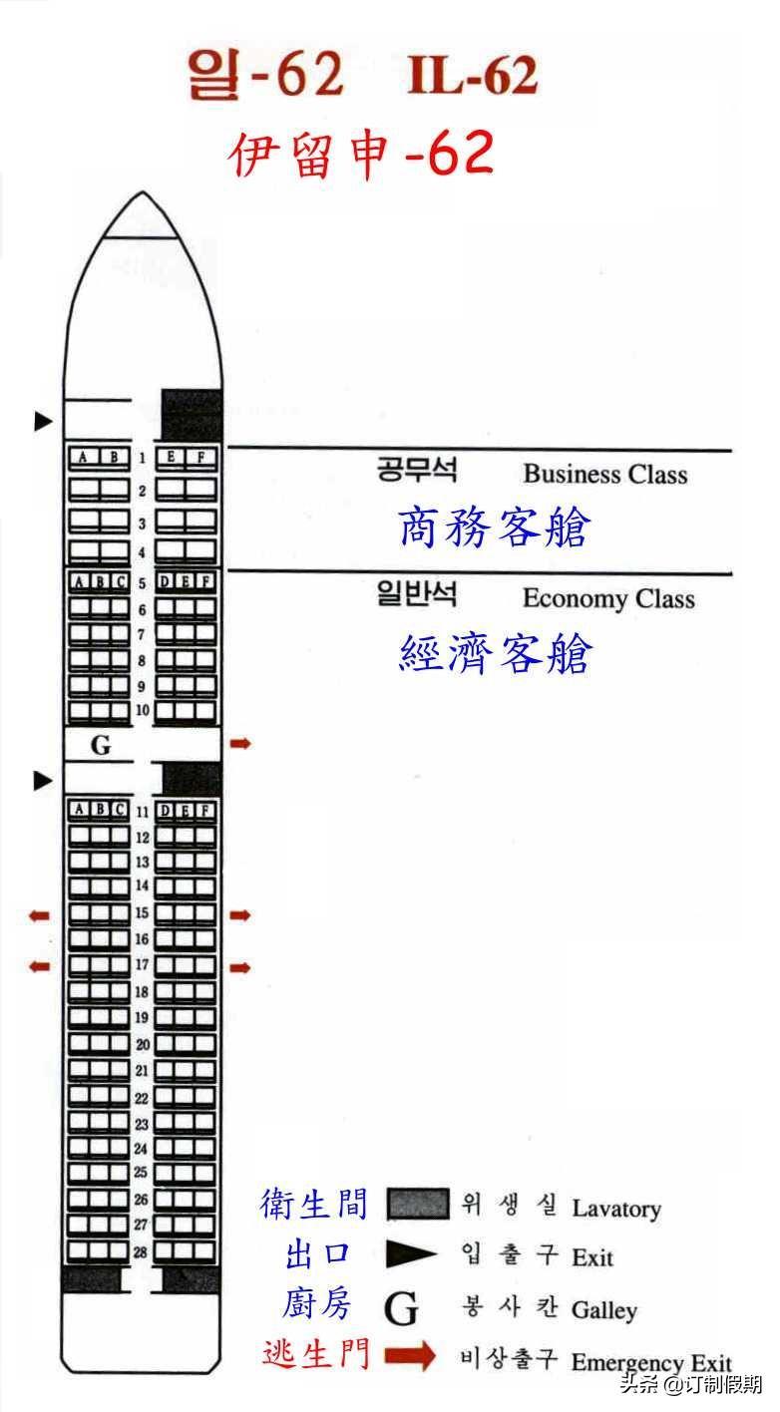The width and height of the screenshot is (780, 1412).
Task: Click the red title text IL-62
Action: pyautogui.click(x=473, y=76)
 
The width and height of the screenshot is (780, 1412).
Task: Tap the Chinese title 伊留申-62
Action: pyautogui.click(x=361, y=154)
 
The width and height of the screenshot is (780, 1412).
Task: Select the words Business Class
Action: pyautogui.click(x=605, y=475)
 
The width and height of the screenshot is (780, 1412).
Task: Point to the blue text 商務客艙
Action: pyautogui.click(x=495, y=528)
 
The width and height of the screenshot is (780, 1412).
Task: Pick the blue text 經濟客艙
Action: pyautogui.click(x=496, y=654)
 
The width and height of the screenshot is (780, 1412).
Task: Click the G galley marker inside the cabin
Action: pyautogui.click(x=101, y=746)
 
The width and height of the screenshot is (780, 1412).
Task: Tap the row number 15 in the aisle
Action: pyautogui.click(x=142, y=912)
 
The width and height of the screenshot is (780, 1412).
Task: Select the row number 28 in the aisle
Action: pyautogui.click(x=142, y=1251)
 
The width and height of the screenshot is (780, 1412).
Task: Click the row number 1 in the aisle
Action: pyautogui.click(x=142, y=458)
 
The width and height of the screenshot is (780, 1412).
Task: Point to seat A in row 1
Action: pyautogui.click(x=84, y=457)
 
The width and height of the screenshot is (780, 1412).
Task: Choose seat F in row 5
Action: pyautogui.click(x=205, y=581)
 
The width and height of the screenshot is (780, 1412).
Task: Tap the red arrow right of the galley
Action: pyautogui.click(x=240, y=744)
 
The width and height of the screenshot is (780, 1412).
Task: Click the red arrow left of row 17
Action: pyautogui.click(x=39, y=965)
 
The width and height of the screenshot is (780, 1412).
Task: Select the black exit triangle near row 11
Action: pyautogui.click(x=43, y=781)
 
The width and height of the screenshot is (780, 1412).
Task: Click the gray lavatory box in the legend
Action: pyautogui.click(x=418, y=1204)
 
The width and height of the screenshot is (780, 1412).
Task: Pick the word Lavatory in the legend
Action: pyautogui.click(x=616, y=1209)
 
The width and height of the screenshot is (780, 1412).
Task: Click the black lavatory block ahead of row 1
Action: pyautogui.click(x=192, y=414)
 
